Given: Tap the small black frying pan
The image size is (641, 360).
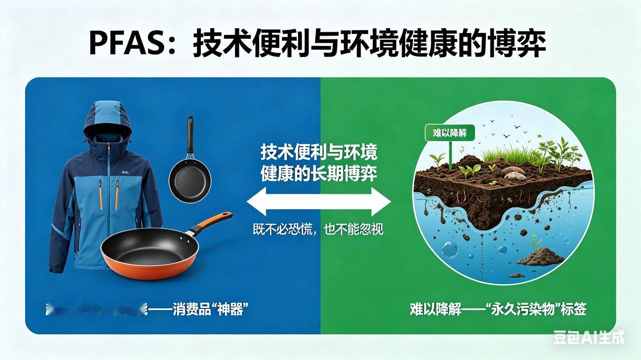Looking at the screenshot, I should click(189, 177).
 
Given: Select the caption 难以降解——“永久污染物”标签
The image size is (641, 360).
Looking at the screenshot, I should click(498, 309).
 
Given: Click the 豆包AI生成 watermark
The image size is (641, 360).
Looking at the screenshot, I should click(589, 337).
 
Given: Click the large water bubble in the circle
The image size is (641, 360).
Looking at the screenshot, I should click(449, 249).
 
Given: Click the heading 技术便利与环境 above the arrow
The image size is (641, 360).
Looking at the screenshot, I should click(318, 152).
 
